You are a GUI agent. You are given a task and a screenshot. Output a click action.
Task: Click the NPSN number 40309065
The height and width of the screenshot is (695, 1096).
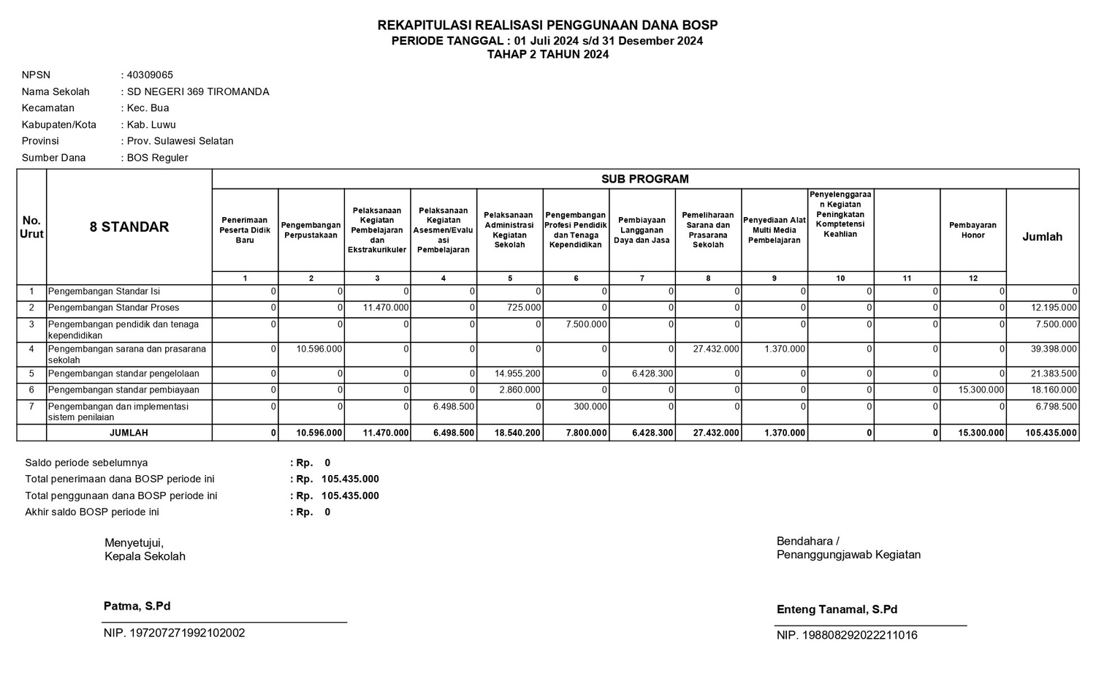(150, 75)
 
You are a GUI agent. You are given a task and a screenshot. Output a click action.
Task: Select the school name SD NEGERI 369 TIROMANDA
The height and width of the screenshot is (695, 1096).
(198, 92)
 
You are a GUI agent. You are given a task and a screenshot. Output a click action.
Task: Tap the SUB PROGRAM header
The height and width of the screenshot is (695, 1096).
(644, 179)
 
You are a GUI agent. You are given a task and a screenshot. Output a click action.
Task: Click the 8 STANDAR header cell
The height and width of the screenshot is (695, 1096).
(129, 227)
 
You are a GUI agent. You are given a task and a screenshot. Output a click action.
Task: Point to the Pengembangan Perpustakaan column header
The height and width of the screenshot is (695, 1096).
(311, 230)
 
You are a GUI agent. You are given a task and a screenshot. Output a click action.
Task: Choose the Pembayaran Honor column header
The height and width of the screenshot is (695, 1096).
(973, 230)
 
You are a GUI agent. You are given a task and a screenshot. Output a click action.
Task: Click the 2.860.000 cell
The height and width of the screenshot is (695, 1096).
(520, 390)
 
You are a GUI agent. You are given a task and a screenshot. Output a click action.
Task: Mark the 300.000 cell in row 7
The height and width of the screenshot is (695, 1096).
(590, 406)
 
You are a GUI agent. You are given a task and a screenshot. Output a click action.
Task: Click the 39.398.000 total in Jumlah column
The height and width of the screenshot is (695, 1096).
(1054, 349)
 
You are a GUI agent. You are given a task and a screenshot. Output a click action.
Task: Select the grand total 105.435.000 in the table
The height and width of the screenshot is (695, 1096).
(1051, 433)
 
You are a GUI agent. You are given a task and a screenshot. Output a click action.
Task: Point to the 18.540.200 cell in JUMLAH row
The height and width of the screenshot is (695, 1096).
(517, 433)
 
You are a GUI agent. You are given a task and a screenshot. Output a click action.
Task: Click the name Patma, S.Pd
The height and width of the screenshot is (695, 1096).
(137, 607)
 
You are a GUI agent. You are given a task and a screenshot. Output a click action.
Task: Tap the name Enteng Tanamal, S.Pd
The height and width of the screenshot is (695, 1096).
(837, 609)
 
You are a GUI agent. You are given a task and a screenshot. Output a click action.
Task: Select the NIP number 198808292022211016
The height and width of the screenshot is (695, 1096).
(847, 636)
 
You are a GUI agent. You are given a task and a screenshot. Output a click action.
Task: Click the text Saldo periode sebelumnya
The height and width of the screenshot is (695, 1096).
(86, 463)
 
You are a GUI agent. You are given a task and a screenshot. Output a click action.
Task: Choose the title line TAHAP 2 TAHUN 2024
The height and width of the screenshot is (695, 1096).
(547, 54)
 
